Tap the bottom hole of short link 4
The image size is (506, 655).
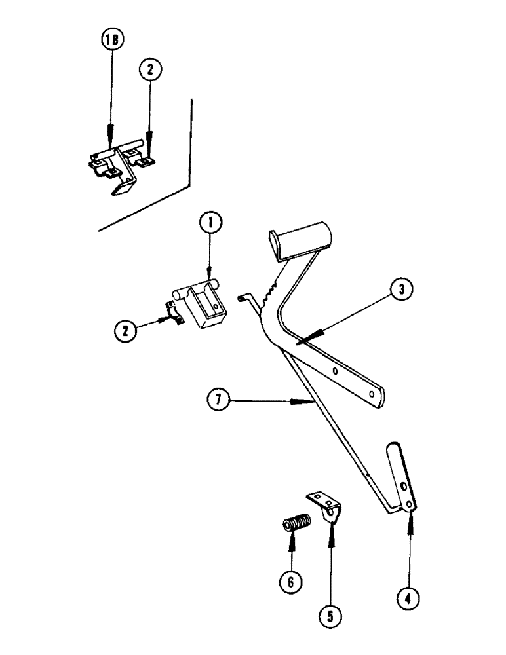410,504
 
